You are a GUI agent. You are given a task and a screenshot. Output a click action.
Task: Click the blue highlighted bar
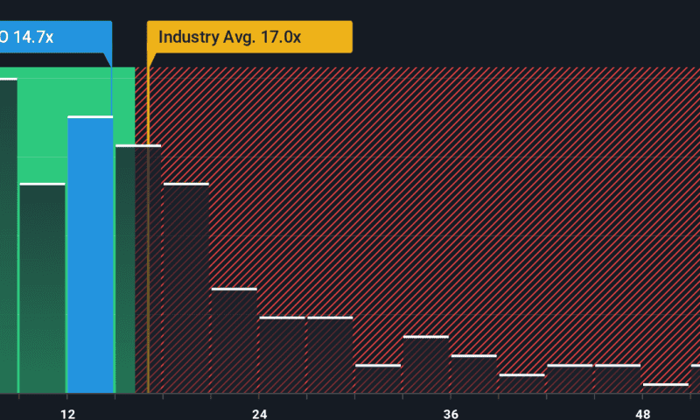pyautogui.click(x=90, y=254)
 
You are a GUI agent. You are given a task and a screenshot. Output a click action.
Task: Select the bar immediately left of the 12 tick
pyautogui.click(x=42, y=289)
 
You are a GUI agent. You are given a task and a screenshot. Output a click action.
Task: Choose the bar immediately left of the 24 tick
pyautogui.click(x=234, y=341)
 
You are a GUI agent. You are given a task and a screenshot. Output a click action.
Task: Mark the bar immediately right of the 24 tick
pyautogui.click(x=282, y=355)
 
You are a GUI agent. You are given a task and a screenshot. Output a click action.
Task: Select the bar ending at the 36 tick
pyautogui.click(x=426, y=365)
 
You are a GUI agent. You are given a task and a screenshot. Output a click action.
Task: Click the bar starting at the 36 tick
pyautogui.click(x=473, y=374)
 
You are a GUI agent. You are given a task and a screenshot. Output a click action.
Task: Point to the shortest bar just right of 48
pyautogui.click(x=665, y=388)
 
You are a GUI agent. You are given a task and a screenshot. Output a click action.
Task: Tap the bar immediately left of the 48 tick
pyautogui.click(x=617, y=379)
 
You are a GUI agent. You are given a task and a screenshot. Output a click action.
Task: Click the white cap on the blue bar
pyautogui.click(x=90, y=116)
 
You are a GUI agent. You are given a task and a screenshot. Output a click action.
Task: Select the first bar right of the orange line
pyautogui.click(x=186, y=289)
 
